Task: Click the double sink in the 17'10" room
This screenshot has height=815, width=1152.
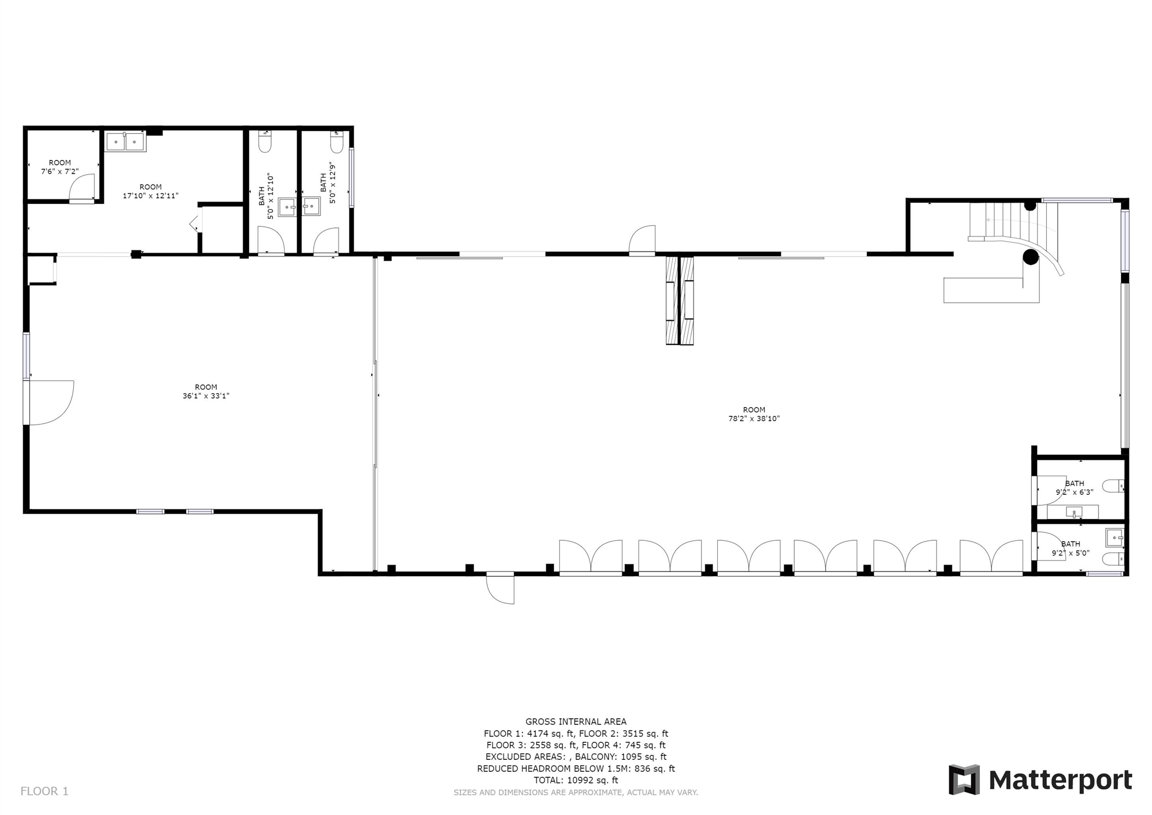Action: pyautogui.click(x=126, y=142)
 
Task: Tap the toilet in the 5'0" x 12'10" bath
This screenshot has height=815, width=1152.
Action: pyautogui.click(x=264, y=142)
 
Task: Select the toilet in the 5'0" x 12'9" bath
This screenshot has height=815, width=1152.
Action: pyautogui.click(x=336, y=142)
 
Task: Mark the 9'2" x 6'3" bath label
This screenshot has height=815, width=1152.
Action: pyautogui.click(x=1074, y=487)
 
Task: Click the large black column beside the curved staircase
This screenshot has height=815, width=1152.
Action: pyautogui.click(x=1030, y=257)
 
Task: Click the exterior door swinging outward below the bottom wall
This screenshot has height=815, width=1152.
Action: pyautogui.click(x=501, y=589)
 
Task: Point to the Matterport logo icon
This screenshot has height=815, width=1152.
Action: pyautogui.click(x=964, y=780)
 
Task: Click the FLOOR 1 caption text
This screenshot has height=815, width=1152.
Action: pyautogui.click(x=44, y=791)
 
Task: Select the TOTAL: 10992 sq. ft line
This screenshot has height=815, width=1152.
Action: pyautogui.click(x=576, y=780)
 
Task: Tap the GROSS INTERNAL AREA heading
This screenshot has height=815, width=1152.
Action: pyautogui.click(x=576, y=722)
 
